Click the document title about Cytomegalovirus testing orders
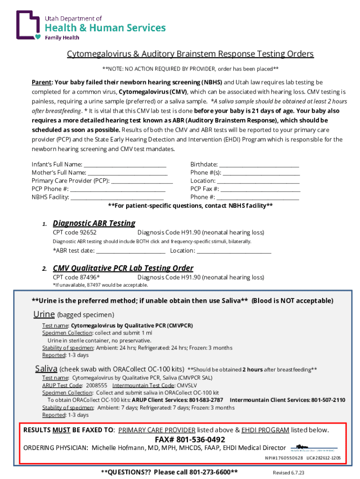click(190, 54)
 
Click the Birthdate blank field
click(259, 165)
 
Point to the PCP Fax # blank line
click(260, 189)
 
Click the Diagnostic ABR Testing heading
click(94, 223)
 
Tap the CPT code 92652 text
click(75, 232)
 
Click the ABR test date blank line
click(130, 251)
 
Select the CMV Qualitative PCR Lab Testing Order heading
click(123, 268)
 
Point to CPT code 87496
click(76, 277)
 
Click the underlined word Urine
click(43, 314)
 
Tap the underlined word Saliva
click(46, 369)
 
